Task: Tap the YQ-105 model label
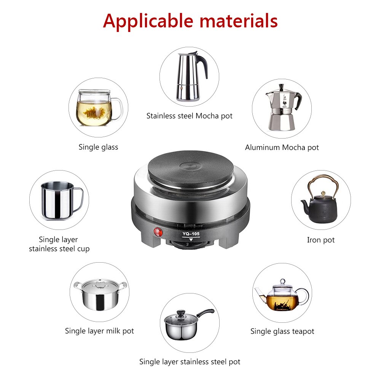tap(191, 234)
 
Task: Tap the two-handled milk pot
tap(99, 294)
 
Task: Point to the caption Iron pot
tap(321, 240)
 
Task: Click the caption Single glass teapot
tap(282, 332)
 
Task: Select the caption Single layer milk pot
tap(99, 331)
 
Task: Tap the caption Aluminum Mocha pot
tap(282, 148)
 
